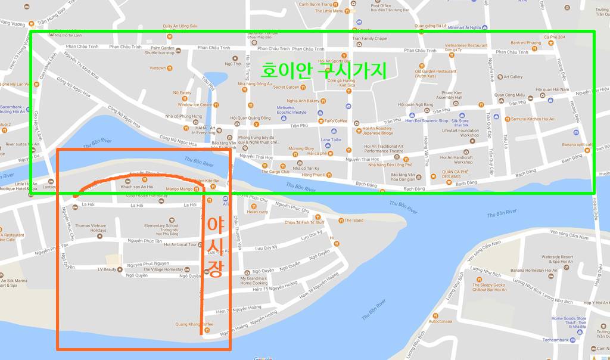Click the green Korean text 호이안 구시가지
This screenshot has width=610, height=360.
point(323,71)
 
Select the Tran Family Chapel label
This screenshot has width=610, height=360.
point(369,39)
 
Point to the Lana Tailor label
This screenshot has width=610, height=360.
point(331,139)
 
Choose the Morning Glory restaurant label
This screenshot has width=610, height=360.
point(301,148)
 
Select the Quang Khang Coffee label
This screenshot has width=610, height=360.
point(194,324)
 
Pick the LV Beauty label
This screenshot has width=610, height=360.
point(106,269)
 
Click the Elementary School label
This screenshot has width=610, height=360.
point(161,226)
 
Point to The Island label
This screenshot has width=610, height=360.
point(353,221)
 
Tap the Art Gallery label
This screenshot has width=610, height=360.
point(512,77)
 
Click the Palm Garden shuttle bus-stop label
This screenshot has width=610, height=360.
point(159,50)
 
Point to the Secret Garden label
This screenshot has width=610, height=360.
point(285,87)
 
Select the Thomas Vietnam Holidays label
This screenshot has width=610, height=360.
point(91,229)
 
